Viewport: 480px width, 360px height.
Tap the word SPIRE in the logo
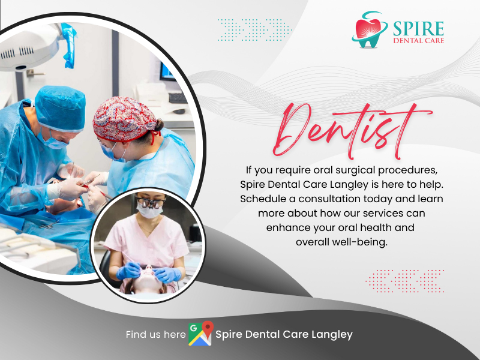[418, 28]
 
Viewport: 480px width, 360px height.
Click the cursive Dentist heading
[352, 131]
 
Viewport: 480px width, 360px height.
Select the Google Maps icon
[201, 334]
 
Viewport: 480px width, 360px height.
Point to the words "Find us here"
[155, 334]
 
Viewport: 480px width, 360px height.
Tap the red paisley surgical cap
[124, 119]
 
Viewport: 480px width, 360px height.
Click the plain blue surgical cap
[61, 108]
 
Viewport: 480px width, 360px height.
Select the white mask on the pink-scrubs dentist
[149, 209]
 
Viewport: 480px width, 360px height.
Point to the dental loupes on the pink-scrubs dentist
[151, 203]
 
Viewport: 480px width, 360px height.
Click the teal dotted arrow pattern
[254, 29]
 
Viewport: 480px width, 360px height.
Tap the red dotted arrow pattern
[404, 281]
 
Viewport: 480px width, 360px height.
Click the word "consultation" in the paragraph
[344, 199]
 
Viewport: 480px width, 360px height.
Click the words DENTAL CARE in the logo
[418, 40]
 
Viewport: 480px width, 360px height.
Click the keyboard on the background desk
[178, 98]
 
